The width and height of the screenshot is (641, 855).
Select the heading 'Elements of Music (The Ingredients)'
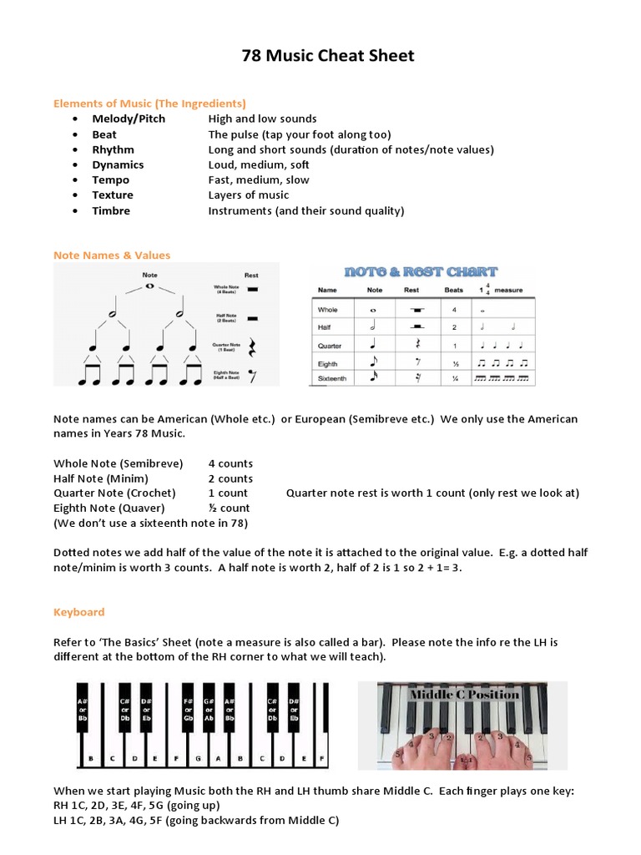coord(149,104)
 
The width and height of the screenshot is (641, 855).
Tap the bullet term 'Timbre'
coord(111,210)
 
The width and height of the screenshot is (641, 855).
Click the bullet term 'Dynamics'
coord(118,164)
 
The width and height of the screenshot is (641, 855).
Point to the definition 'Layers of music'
coord(248,195)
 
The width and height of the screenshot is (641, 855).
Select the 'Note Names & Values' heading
coord(112,255)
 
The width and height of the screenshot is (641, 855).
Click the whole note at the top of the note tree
coord(150,286)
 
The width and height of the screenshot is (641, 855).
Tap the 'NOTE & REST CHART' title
coord(421,271)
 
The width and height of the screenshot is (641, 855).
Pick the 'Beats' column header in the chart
coord(453,290)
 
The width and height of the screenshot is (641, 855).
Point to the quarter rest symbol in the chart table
coord(411,345)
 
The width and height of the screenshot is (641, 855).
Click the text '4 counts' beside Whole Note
coord(230,463)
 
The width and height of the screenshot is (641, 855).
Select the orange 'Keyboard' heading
coord(79,612)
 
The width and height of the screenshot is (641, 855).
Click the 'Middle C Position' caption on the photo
coord(464,695)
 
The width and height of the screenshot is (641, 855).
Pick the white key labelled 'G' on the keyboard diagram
coord(197,759)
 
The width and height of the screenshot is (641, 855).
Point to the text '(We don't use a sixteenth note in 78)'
coord(150,523)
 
